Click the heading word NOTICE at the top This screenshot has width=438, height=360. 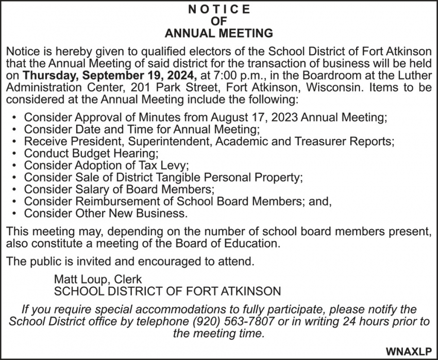point(218,9)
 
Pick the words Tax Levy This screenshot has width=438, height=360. point(163,165)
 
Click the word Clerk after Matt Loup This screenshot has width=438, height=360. point(127,279)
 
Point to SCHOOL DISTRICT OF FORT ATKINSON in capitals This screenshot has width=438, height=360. point(167,290)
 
